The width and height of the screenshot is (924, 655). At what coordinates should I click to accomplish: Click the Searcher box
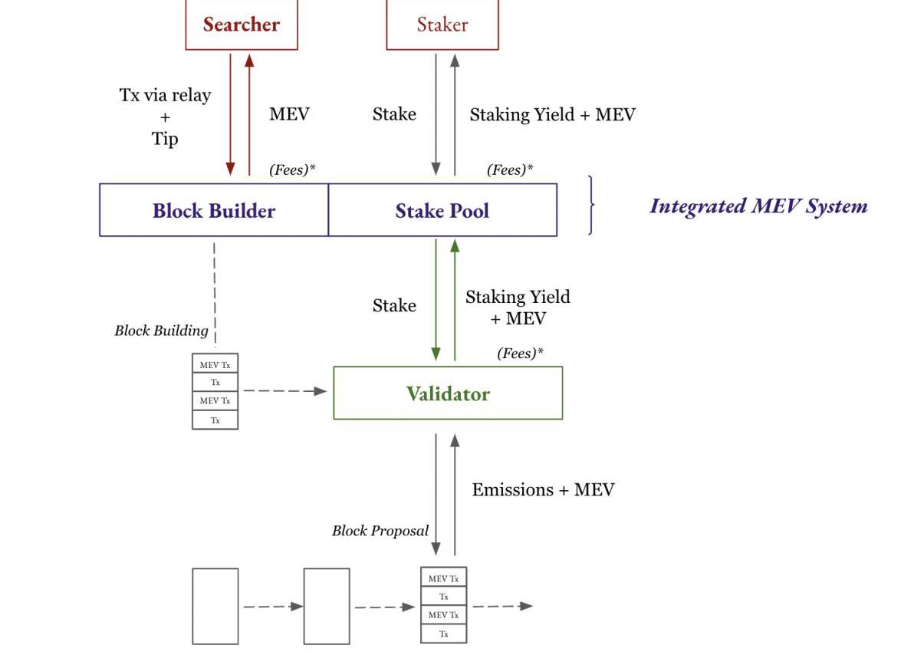[242, 25]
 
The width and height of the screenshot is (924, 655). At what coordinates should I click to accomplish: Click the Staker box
[442, 25]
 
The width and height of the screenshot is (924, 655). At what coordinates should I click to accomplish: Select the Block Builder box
[214, 210]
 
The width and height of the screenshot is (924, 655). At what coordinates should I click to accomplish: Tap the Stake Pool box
[442, 210]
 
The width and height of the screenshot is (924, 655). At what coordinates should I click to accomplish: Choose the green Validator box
[448, 393]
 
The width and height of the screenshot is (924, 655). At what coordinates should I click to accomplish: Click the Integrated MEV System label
[758, 206]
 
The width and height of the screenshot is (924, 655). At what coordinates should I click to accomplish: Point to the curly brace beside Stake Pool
[590, 205]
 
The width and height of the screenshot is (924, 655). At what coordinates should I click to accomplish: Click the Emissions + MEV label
[543, 490]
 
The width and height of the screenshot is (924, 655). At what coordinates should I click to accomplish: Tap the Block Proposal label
[380, 531]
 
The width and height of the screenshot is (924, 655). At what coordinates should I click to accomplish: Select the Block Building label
[161, 331]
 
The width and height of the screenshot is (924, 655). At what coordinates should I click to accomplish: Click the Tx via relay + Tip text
[165, 117]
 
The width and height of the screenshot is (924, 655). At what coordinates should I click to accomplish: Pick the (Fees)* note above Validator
[521, 354]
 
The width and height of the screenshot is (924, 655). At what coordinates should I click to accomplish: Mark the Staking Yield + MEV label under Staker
[552, 114]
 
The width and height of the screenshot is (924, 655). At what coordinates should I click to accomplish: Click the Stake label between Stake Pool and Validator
[394, 305]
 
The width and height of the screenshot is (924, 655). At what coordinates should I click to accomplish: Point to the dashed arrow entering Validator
[284, 391]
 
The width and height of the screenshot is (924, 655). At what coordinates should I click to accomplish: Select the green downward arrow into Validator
[436, 299]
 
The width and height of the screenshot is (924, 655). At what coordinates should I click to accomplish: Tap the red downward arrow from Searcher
[230, 114]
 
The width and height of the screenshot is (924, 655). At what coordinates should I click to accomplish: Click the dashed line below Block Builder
[214, 291]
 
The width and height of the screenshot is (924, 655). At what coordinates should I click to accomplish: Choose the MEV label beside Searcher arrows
[289, 114]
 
